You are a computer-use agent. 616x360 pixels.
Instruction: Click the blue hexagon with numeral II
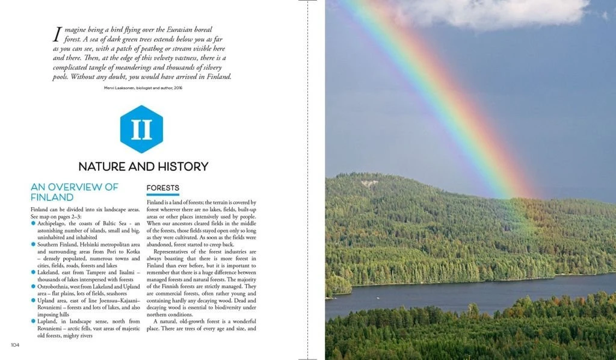click(141, 129)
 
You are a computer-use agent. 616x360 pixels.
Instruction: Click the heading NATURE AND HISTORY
click(143, 166)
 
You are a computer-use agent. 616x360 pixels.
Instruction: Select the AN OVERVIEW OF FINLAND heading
click(75, 192)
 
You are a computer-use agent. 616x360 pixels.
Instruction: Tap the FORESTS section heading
click(163, 188)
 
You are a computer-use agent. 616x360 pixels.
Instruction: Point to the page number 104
click(16, 344)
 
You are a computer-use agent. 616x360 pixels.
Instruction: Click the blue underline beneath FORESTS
click(163, 194)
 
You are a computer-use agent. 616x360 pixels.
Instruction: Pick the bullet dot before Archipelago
click(33, 223)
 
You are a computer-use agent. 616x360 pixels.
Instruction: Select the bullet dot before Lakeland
click(33, 272)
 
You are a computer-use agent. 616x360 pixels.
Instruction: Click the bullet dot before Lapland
click(33, 321)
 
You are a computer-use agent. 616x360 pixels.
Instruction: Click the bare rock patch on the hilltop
click(369, 183)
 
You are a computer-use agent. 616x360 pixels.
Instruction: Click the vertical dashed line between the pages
click(307, 181)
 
